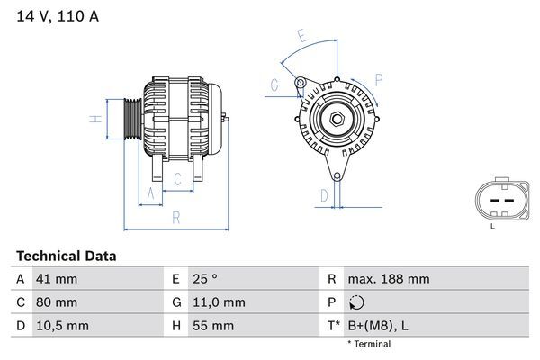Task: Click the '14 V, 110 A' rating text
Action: (56, 14)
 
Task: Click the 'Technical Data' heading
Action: (67, 256)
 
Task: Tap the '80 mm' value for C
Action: (56, 302)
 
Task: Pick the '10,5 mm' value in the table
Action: (61, 326)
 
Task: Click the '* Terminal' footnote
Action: (369, 344)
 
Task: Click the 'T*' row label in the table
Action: (332, 326)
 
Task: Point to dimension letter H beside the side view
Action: (94, 119)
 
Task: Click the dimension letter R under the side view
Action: (176, 217)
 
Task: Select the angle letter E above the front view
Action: (303, 37)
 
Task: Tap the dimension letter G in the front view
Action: (274, 85)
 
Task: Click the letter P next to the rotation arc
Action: (379, 79)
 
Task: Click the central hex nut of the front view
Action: (334, 119)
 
